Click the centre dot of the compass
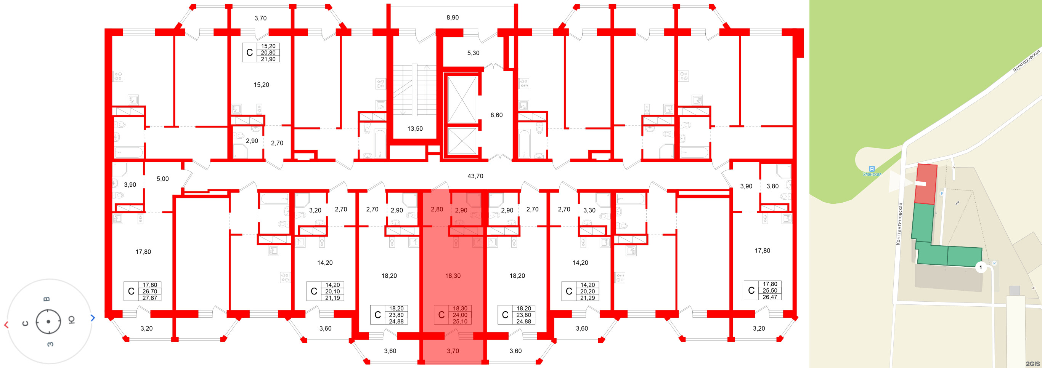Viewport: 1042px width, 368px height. pos(48,322)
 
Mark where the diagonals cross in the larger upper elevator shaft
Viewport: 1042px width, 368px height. pos(462,99)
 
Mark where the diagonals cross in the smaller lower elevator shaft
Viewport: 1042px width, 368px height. pos(462,141)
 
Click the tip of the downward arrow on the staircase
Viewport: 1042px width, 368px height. pos(403,114)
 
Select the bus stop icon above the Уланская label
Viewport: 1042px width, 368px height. pos(872,168)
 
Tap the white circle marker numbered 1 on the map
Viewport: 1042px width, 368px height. pos(980,267)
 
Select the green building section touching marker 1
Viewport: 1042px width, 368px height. pos(964,256)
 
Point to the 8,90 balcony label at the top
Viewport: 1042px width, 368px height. pos(452,18)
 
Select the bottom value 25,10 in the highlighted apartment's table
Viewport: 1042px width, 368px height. pos(460,322)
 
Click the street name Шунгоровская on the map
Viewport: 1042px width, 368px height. pos(1026,61)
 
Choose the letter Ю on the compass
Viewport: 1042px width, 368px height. pos(71,320)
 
